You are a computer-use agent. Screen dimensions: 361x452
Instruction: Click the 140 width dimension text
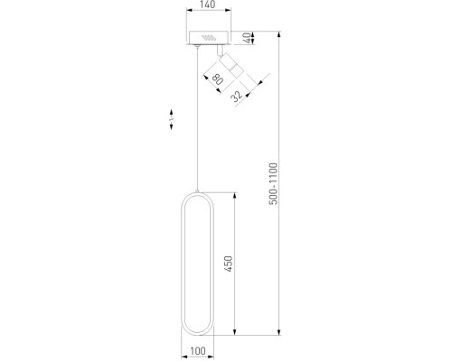click(208, 6)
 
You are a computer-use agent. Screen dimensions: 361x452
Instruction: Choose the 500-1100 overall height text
click(273, 185)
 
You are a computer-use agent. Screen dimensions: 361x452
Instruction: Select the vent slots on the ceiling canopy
click(209, 38)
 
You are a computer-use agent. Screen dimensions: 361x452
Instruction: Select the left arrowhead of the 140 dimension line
click(188, 14)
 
